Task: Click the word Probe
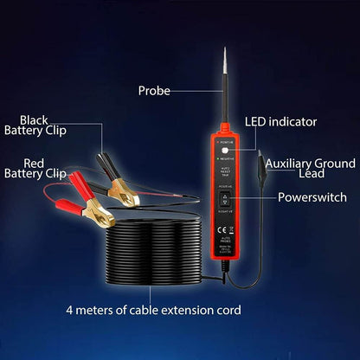point(156,90)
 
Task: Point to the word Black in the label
point(35,119)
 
